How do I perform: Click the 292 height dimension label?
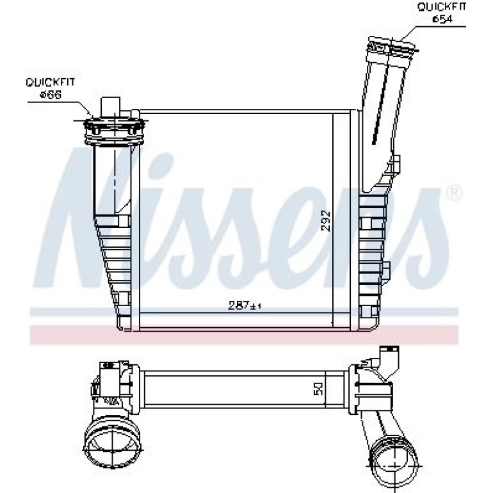point(326,221)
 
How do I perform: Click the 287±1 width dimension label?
point(245,305)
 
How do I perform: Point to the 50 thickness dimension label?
point(318,389)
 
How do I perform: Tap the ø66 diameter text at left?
point(51,94)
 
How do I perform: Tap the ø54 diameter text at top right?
point(442,19)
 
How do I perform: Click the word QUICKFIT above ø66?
point(51,83)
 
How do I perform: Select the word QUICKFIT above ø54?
point(442,6)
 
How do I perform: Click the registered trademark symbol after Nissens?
point(454,193)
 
